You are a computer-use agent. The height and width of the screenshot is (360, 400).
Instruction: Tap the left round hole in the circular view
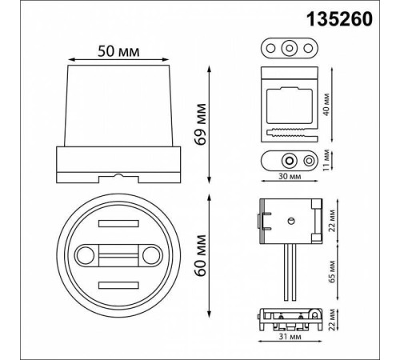point(83,257)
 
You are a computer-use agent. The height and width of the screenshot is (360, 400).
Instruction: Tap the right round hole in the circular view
point(150,257)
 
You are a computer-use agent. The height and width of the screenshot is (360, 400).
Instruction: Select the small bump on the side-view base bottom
point(117,174)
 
